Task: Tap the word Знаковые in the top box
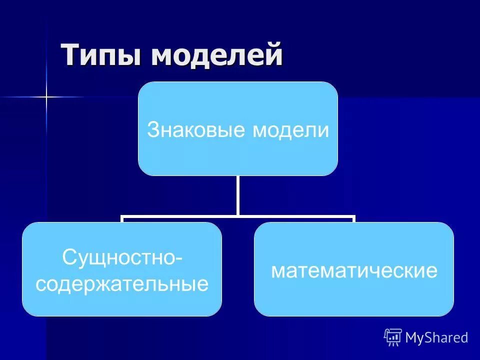tap(197, 131)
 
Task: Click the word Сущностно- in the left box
tap(122, 258)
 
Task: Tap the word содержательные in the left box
tap(122, 284)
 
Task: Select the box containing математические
tap(354, 300)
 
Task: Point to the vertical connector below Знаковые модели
tap(238, 196)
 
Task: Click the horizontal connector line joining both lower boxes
tap(238, 217)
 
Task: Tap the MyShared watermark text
tap(436, 338)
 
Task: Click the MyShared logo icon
tap(393, 337)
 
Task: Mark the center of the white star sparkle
tap(46, 96)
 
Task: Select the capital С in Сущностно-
tap(68, 258)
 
